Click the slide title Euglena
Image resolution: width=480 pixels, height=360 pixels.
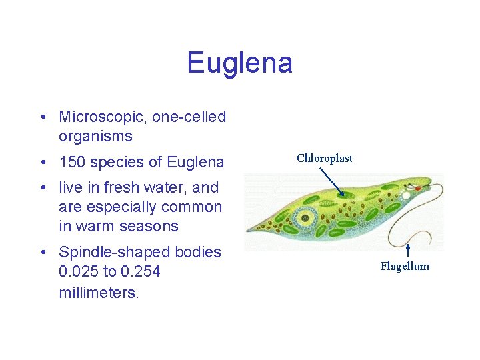pos(239,63)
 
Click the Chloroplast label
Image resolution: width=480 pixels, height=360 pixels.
pos(325,158)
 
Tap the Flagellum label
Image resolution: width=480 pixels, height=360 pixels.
pos(405,267)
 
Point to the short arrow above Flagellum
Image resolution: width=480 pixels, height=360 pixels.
pos(407,251)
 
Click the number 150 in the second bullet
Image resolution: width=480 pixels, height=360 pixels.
pos(72,162)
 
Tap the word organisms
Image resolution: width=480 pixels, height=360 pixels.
pos(95,137)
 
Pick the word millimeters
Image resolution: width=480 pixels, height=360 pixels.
pos(99,293)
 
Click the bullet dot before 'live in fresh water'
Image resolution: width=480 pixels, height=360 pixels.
pos(42,188)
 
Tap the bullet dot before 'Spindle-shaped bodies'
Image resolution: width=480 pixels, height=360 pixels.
pos(42,253)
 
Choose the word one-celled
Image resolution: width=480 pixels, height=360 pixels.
pos(189,117)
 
